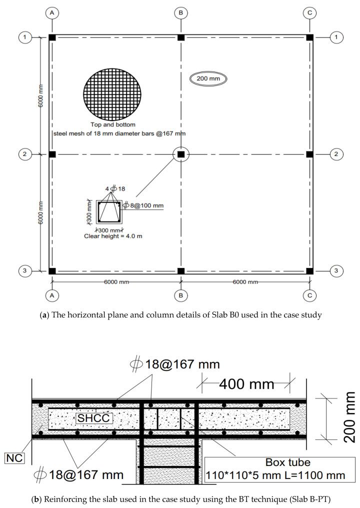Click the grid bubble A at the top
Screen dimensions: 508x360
click(x=52, y=12)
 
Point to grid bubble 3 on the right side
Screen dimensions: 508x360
click(x=336, y=271)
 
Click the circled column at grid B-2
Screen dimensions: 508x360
click(x=181, y=154)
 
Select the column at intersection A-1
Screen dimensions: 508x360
click(x=52, y=37)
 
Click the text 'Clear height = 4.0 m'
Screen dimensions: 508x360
click(x=113, y=236)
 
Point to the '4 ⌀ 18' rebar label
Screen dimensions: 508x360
click(x=114, y=188)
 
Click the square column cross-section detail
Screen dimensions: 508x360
click(x=109, y=211)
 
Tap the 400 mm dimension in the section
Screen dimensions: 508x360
click(x=245, y=384)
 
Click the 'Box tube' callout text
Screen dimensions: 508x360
click(x=274, y=462)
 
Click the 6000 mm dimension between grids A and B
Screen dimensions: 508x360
click(x=116, y=282)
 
